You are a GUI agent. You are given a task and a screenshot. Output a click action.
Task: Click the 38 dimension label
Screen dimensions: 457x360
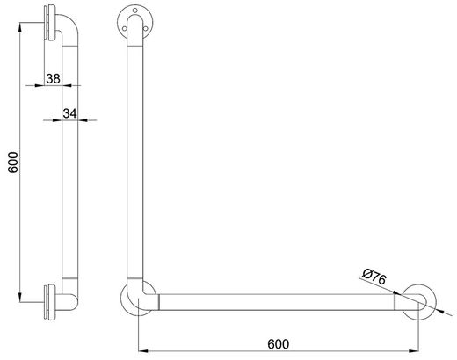(54, 78)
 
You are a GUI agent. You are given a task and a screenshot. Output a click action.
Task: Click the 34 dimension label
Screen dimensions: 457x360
(69, 113)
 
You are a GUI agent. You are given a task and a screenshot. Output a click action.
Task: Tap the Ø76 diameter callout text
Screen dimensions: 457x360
(374, 277)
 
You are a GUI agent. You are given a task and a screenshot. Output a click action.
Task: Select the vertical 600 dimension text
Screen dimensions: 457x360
(13, 162)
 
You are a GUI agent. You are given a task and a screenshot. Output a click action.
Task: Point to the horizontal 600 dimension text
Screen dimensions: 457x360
(279, 344)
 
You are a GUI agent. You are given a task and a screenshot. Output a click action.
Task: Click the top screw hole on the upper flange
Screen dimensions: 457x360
(135, 11)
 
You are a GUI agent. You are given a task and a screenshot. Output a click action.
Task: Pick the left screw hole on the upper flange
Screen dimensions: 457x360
(125, 28)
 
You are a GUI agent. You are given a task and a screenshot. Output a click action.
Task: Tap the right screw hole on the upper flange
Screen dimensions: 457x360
(145, 28)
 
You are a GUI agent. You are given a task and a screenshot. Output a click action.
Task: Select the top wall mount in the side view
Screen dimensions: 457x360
(50, 23)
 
